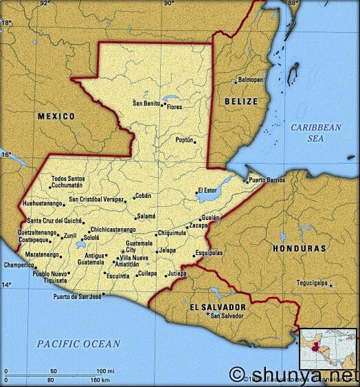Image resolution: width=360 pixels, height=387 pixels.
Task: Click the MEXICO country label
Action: [x=56, y=116]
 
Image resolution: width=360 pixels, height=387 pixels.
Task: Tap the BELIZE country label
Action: [x=240, y=102]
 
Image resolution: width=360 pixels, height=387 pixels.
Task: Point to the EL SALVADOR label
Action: [x=217, y=305]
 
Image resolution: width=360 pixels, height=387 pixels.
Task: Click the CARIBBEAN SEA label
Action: [x=315, y=133]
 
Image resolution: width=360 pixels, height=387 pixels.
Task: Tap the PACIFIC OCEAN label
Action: [x=79, y=344]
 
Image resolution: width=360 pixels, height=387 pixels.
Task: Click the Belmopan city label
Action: [x=251, y=80]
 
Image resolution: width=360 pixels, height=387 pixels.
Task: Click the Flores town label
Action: [x=175, y=107]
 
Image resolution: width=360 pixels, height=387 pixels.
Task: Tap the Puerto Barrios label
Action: [x=267, y=180]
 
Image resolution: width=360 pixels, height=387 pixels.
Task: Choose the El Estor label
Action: [x=206, y=190]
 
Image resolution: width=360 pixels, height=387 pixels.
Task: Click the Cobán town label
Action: [x=142, y=195]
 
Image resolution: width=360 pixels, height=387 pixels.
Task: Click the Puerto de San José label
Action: [x=78, y=297]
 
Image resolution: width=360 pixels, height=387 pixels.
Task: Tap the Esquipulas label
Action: [x=209, y=253]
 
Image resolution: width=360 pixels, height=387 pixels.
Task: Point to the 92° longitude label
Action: [x=45, y=3]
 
